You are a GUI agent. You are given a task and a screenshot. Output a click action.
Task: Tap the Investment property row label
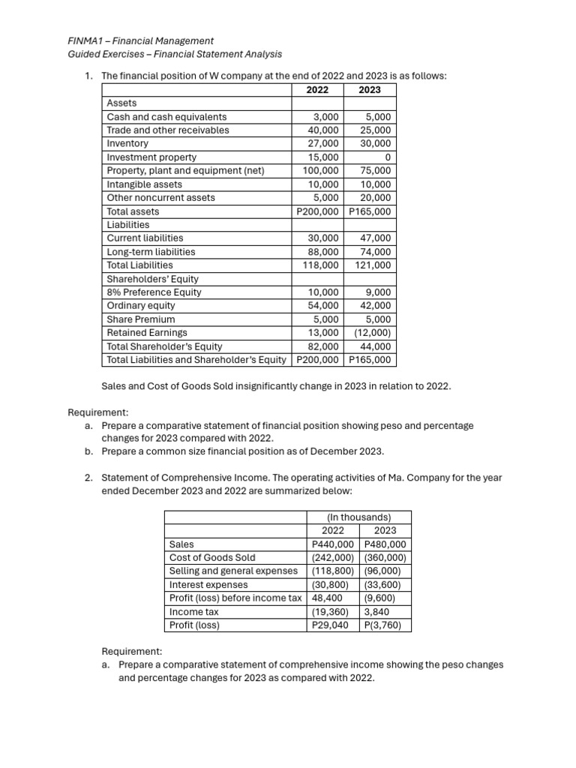coord(151,157)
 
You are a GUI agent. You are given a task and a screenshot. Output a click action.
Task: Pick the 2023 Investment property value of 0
coord(387,157)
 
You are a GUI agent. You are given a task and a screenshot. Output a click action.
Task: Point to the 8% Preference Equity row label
coord(154,292)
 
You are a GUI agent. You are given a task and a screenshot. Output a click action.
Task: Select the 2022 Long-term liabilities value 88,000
coord(323,252)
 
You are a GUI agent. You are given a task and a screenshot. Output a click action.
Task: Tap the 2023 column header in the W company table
coord(369,90)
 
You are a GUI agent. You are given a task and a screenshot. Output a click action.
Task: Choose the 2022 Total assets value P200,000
coord(318,211)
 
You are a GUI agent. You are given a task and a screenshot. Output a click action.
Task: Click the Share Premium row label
coord(141,319)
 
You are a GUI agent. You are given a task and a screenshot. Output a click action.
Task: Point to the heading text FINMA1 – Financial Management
coord(140,40)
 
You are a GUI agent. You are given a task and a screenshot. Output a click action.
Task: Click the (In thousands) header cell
coord(358,517)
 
